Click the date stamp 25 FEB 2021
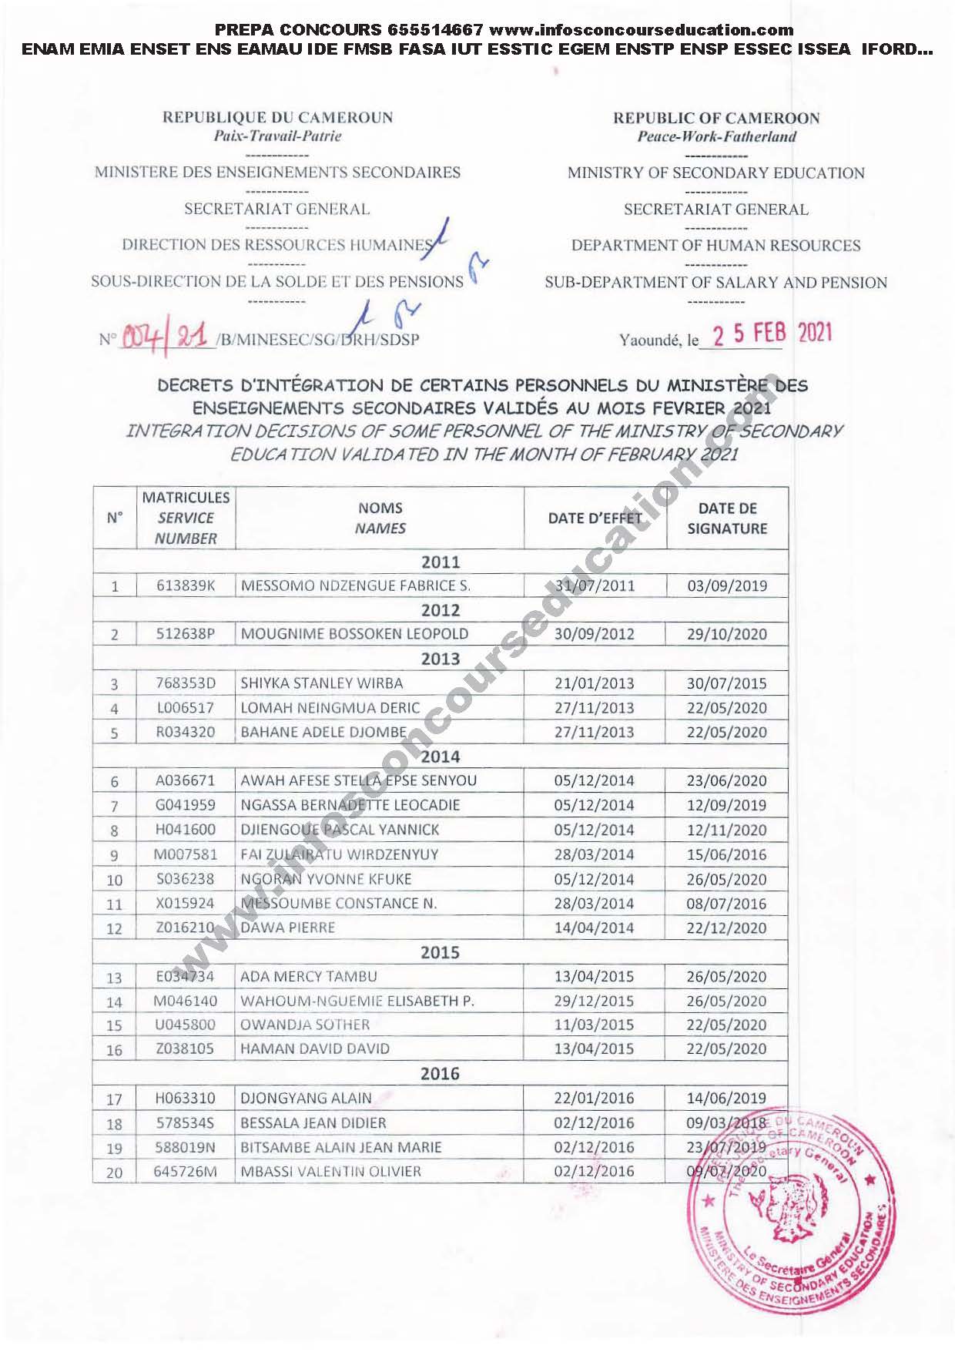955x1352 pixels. tap(772, 334)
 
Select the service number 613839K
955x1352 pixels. tap(186, 585)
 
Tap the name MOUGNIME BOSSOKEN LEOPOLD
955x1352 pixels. tap(354, 634)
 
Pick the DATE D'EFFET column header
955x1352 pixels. tap(595, 518)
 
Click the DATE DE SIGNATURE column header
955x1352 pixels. tap(727, 518)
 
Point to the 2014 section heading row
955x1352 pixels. tap(440, 757)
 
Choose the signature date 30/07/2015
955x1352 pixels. tap(726, 683)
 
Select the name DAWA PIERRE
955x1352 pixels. tap(288, 928)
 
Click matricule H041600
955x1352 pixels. tap(186, 830)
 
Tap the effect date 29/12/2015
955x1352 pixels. tap(594, 1001)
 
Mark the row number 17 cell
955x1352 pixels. tap(114, 1099)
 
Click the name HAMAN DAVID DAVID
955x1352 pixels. tap(315, 1048)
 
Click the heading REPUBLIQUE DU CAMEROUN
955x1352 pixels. tap(277, 118)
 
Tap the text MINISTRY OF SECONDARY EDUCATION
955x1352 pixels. tap(715, 173)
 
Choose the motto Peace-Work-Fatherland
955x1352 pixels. tap(716, 137)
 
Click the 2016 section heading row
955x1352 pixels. tap(440, 1073)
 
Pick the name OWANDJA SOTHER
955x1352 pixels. tap(305, 1025)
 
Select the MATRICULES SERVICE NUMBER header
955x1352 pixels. tap(186, 518)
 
